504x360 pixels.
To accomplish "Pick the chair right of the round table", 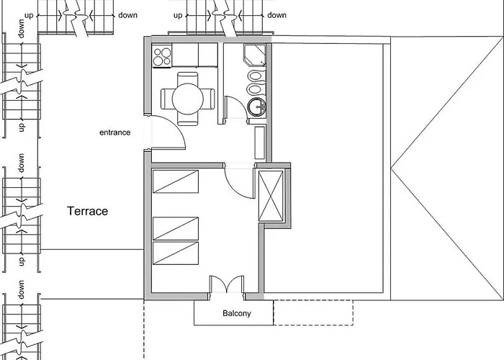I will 210,97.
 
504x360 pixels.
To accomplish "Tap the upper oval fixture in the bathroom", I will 256,75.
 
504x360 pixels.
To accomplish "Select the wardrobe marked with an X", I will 271,192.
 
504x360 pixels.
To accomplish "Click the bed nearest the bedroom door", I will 176,181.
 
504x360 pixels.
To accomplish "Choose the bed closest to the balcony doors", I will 176,253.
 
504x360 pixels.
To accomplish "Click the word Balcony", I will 236,314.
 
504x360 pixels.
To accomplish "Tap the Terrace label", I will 87,212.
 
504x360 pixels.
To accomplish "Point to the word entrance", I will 115,132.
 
